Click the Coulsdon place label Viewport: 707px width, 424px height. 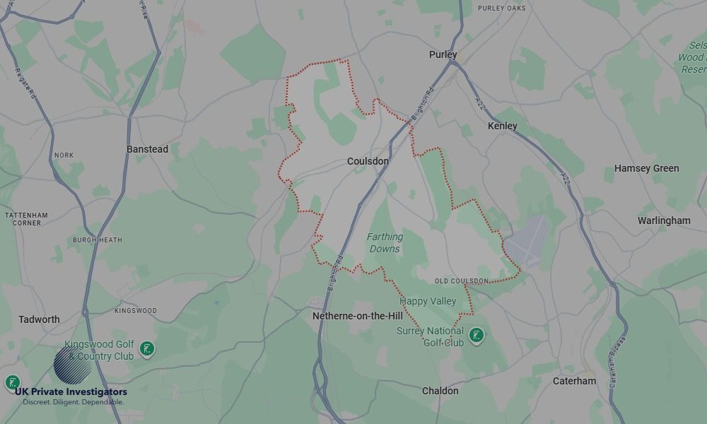point(368,161)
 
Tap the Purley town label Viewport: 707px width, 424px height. point(443,54)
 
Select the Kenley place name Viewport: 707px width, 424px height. point(503,126)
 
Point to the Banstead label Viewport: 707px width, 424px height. point(147,149)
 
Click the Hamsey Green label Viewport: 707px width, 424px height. point(646,168)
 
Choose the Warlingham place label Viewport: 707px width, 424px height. point(664,220)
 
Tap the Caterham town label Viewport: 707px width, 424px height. point(574,381)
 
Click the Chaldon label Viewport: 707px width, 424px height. point(440,391)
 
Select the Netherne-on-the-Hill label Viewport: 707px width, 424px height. point(358,317)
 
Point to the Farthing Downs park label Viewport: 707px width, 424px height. point(385,243)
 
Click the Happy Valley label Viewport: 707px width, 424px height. point(428,301)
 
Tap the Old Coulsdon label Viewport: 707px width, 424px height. point(461,281)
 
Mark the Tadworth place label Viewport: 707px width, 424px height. point(39,319)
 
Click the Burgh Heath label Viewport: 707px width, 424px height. point(97,240)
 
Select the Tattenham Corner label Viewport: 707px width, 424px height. point(26,218)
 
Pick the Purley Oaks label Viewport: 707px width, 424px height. point(502,8)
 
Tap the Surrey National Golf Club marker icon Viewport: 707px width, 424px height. point(477,336)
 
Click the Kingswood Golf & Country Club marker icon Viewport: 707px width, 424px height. point(147,348)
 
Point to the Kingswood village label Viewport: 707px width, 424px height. point(136,311)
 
